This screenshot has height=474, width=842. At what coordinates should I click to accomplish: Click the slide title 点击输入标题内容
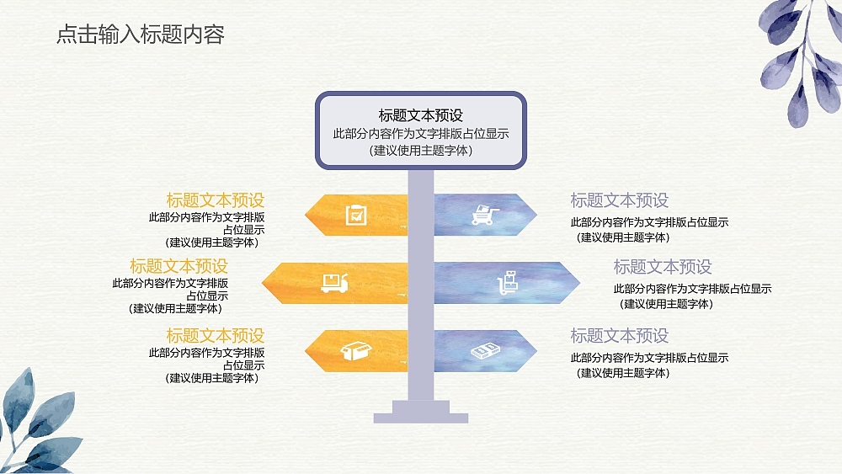tap(140, 35)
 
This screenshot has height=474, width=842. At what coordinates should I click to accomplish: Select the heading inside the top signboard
tap(420, 115)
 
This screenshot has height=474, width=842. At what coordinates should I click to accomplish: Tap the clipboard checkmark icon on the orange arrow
tap(356, 215)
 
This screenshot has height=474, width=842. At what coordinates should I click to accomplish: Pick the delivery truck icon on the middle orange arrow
tap(334, 283)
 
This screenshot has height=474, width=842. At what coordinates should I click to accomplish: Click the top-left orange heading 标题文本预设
tap(215, 200)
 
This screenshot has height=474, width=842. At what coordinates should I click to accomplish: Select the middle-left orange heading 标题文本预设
tap(179, 266)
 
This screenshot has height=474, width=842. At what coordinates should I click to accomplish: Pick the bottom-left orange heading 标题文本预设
tap(215, 336)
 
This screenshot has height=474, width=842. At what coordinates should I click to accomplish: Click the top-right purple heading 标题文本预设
tap(619, 200)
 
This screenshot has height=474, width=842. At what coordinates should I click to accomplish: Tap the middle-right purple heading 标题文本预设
tap(663, 267)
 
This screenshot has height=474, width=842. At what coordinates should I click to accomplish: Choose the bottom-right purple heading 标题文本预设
tap(619, 336)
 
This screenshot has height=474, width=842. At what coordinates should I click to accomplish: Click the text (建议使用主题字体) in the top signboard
tap(420, 151)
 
